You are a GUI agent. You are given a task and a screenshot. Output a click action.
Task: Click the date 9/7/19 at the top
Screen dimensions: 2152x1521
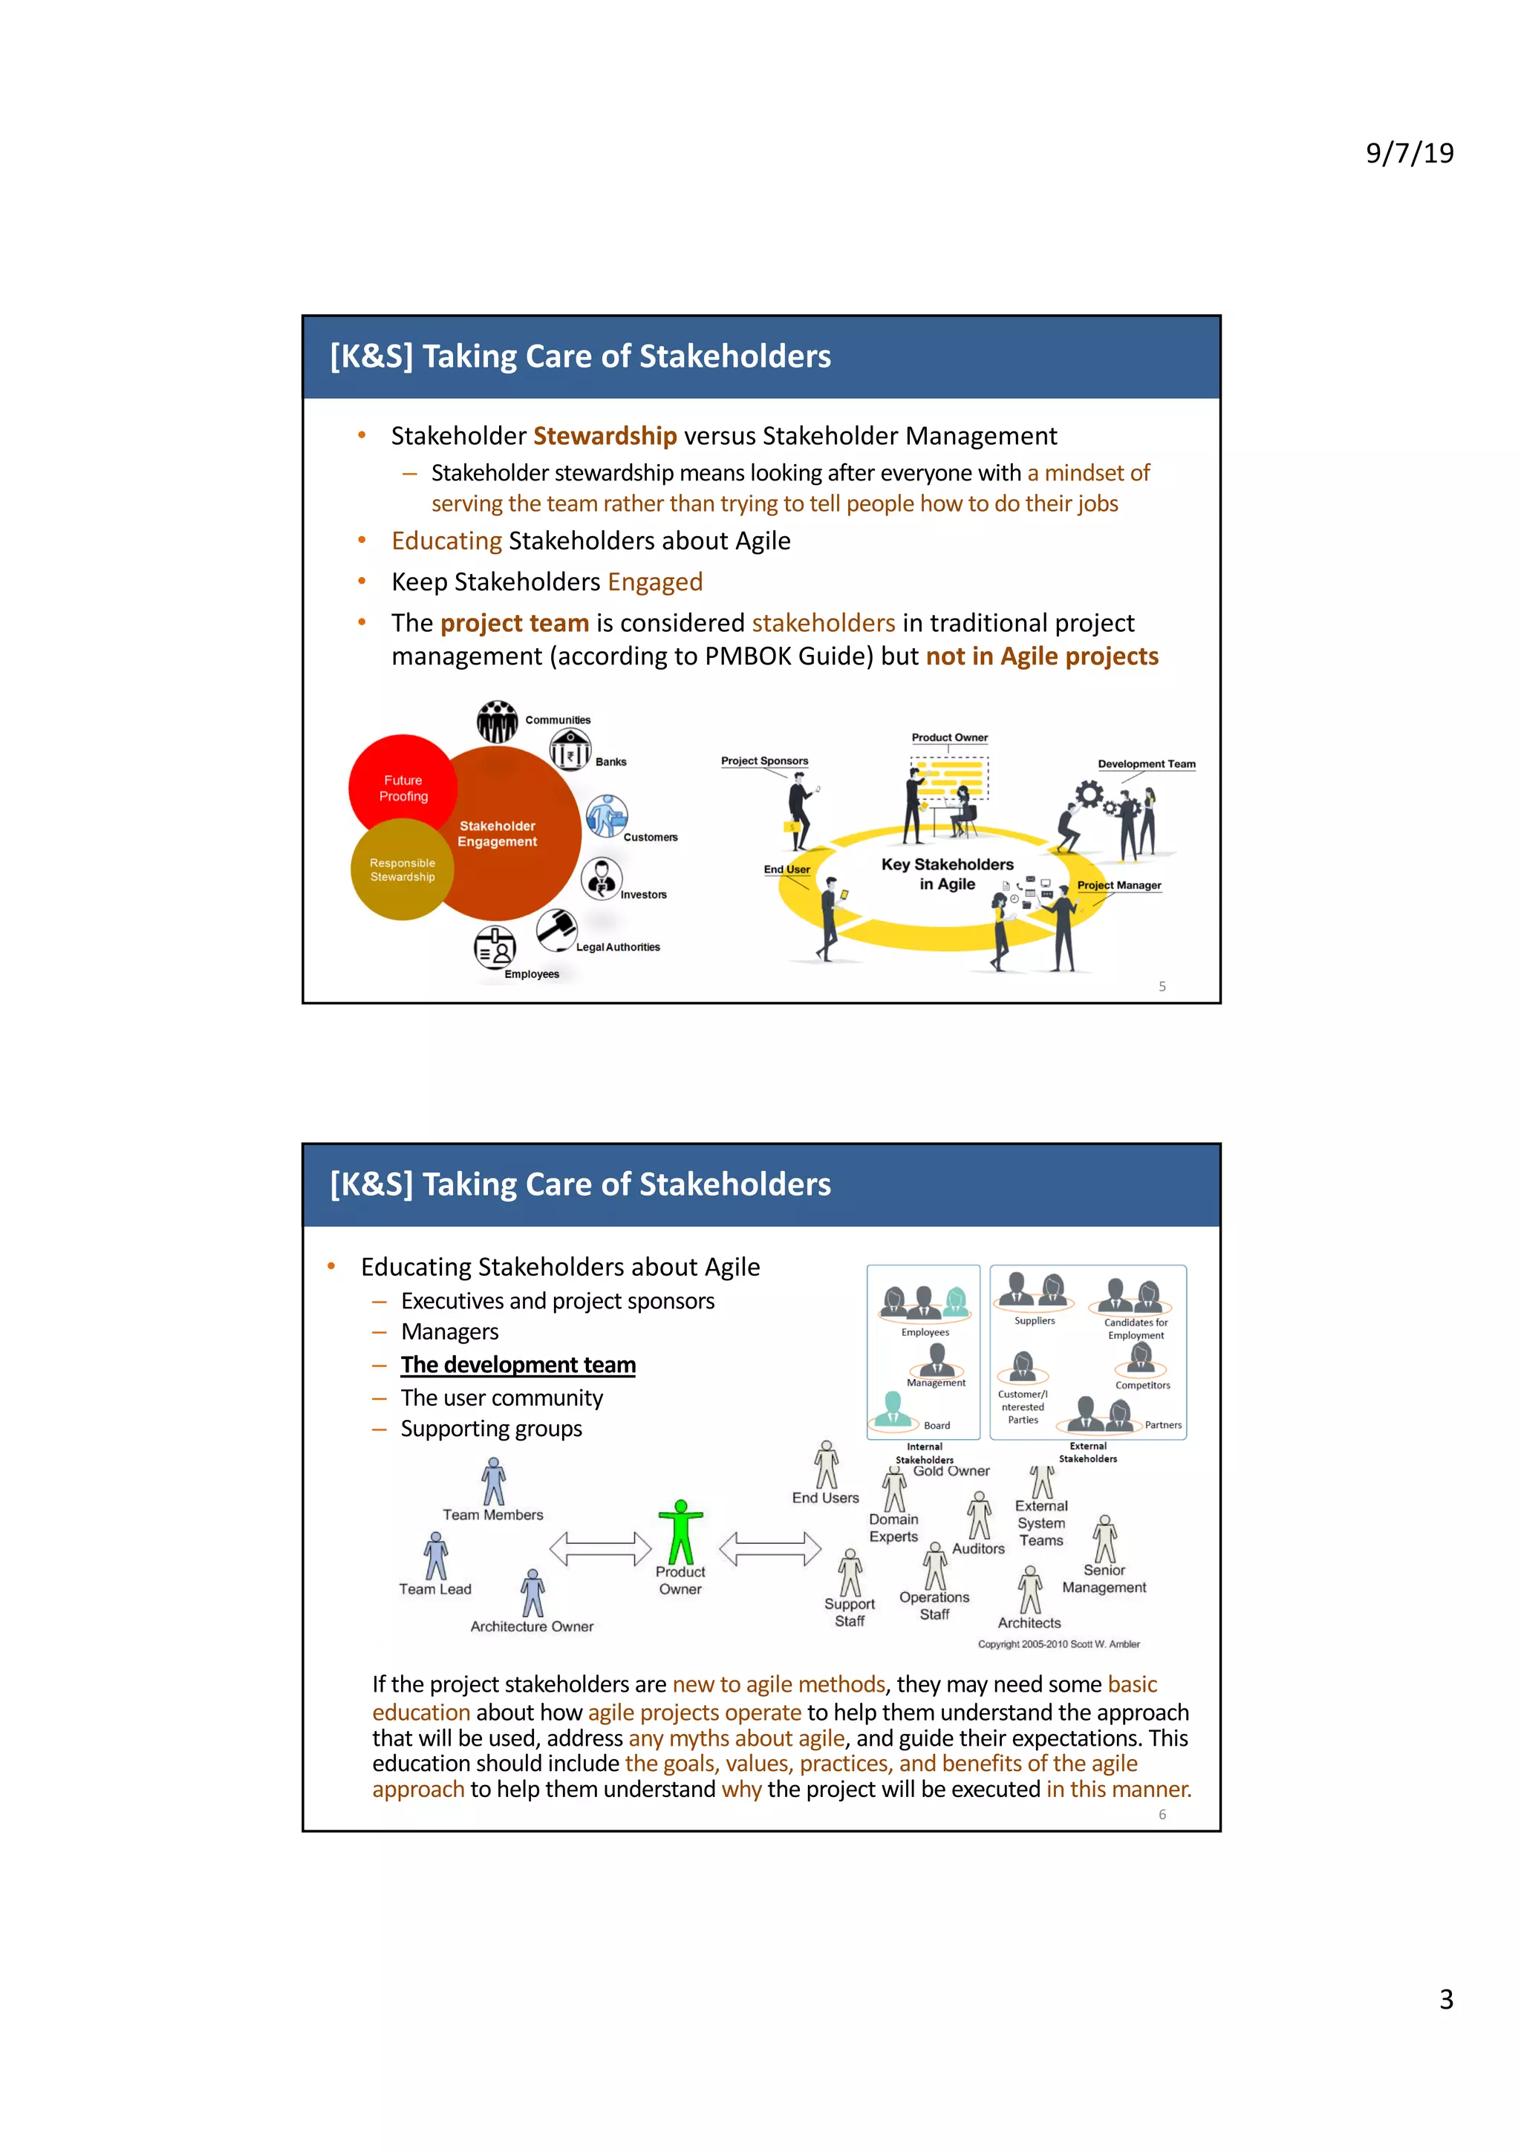[1409, 153]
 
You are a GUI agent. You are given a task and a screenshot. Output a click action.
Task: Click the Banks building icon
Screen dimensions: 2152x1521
[570, 751]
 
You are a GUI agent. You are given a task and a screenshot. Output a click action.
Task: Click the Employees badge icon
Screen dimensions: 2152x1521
[495, 948]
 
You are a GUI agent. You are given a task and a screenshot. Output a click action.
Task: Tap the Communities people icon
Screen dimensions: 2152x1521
[497, 722]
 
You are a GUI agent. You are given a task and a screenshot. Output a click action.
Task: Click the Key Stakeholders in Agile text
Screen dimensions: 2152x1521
[946, 873]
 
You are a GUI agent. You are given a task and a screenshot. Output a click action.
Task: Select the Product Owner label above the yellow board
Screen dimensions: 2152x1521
[949, 737]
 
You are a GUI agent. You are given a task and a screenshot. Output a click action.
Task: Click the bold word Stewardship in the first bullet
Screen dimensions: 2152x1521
[605, 436]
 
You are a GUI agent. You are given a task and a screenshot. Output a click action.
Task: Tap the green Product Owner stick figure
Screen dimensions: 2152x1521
[680, 1531]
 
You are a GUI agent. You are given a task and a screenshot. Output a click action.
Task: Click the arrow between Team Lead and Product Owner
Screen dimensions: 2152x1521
[600, 1548]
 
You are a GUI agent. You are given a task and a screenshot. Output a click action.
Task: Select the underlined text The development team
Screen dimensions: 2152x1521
[518, 1365]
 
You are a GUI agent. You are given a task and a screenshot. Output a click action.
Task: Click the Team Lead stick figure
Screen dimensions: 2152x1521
[436, 1556]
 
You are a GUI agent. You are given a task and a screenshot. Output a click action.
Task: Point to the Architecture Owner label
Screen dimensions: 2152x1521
[531, 1626]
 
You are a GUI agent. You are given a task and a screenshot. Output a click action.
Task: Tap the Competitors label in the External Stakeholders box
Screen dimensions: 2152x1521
[1142, 1386]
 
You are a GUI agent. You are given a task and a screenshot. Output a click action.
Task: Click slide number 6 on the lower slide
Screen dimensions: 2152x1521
[1162, 1815]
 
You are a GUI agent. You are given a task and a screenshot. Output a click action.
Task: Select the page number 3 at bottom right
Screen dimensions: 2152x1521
[1446, 1999]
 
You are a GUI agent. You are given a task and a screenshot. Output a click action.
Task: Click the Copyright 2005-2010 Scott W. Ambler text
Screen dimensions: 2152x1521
[1058, 1644]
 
